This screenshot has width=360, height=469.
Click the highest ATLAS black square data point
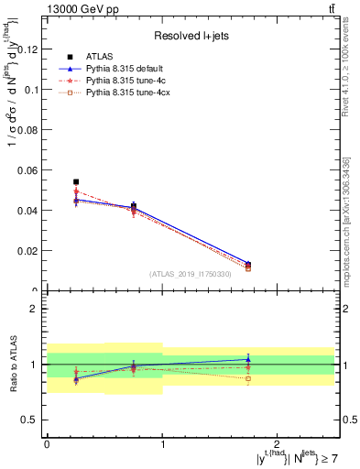click(76, 182)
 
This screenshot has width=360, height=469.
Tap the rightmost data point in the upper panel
click(248, 265)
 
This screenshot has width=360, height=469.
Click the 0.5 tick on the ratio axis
click(29, 420)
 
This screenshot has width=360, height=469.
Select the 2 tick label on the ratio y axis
click(34, 309)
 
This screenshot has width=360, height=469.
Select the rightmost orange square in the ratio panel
click(248, 378)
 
